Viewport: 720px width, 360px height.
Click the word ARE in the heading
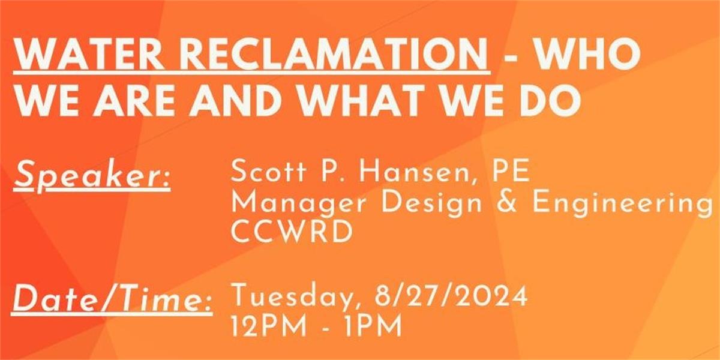(134, 100)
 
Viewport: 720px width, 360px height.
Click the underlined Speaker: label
(92, 177)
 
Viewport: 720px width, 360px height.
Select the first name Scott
(268, 172)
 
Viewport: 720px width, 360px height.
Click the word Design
(431, 204)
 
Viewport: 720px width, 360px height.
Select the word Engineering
(622, 204)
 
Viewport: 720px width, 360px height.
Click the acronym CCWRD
(292, 232)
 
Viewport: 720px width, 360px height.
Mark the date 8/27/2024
(451, 295)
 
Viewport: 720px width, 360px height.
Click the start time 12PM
(269, 326)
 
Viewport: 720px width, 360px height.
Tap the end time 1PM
(373, 326)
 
